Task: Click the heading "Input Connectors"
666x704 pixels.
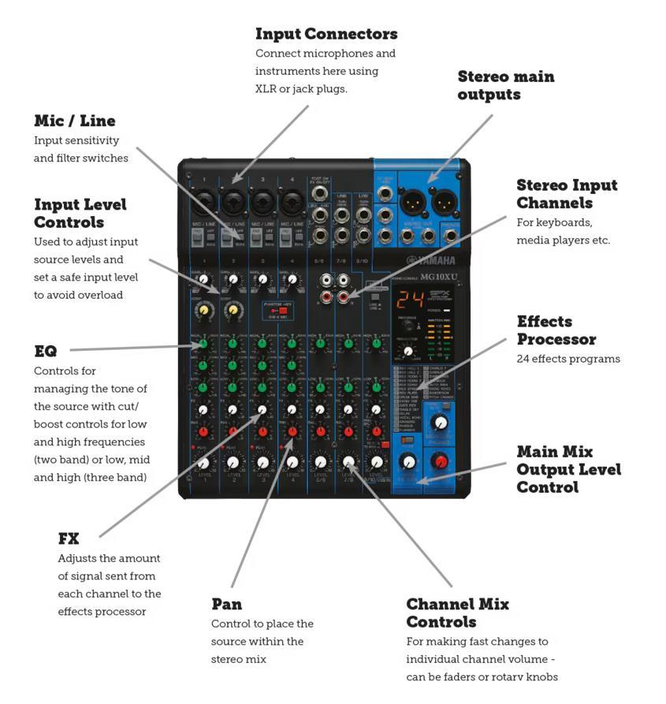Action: pyautogui.click(x=326, y=34)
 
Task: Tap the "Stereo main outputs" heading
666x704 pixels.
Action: pyautogui.click(x=505, y=85)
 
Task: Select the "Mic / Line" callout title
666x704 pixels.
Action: pyautogui.click(x=75, y=121)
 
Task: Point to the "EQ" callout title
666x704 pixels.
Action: pyautogui.click(x=46, y=351)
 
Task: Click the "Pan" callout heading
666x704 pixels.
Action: pyautogui.click(x=226, y=604)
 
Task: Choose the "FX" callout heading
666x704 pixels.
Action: pyautogui.click(x=69, y=538)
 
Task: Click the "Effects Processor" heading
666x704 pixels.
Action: pyautogui.click(x=556, y=330)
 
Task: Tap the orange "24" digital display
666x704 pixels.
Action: pyautogui.click(x=407, y=300)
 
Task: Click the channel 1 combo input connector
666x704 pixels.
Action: pyautogui.click(x=203, y=203)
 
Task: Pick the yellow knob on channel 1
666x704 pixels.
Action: pyautogui.click(x=204, y=311)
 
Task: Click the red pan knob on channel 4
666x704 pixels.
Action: pyautogui.click(x=292, y=431)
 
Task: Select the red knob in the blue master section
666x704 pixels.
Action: pyautogui.click(x=441, y=461)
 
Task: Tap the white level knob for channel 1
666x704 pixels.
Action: pyautogui.click(x=204, y=463)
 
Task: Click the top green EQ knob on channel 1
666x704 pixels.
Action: pyautogui.click(x=203, y=344)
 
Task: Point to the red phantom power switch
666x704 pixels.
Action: pyautogui.click(x=281, y=311)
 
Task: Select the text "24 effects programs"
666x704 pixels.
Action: pyautogui.click(x=568, y=359)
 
